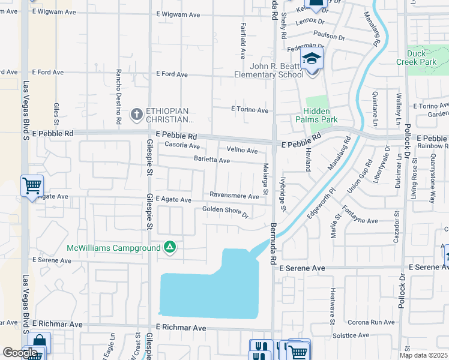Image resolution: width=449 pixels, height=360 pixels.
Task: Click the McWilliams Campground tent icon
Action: [170, 247]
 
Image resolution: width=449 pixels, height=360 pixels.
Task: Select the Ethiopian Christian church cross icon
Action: [137, 113]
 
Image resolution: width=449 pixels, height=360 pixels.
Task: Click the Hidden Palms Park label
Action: [321, 115]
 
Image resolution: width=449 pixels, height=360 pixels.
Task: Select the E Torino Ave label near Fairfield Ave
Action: [250, 110]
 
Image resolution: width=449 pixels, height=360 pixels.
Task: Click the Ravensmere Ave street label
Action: [234, 195]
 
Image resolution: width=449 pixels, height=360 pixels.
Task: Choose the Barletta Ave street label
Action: [211, 160]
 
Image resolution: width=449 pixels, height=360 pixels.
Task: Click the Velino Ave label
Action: [242, 150]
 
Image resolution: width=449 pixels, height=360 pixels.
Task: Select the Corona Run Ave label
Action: [371, 322]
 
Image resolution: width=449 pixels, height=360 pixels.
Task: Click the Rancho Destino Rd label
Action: [119, 97]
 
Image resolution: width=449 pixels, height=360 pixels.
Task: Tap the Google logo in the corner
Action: [20, 353]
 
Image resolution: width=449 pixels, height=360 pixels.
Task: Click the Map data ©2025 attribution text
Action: [424, 355]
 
